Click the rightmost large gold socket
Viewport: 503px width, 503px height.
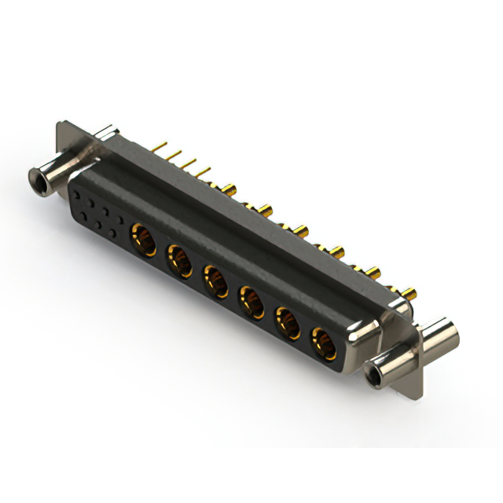click(322, 343)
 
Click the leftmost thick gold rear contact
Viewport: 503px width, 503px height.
click(230, 189)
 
